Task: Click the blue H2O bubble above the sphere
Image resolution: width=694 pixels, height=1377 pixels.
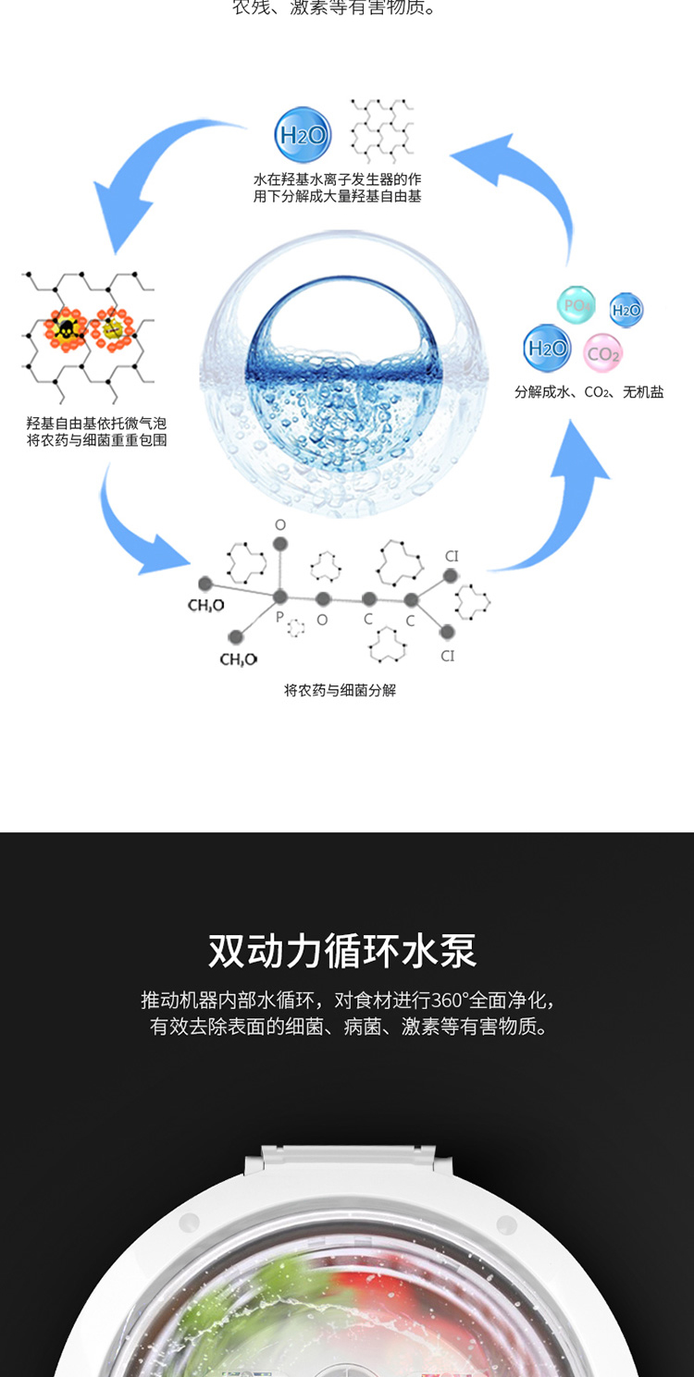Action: tap(303, 135)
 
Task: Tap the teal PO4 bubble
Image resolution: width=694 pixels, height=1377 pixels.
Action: tap(576, 305)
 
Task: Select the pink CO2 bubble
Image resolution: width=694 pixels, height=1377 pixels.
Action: tap(603, 353)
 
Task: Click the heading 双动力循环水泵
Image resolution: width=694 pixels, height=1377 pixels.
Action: tap(342, 951)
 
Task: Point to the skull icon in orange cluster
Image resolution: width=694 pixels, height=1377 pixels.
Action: tap(66, 329)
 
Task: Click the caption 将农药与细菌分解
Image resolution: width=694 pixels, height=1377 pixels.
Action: tap(340, 690)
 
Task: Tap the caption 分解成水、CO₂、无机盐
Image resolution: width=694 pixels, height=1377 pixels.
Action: tap(589, 392)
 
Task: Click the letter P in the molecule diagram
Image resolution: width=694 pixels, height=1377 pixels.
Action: tap(279, 616)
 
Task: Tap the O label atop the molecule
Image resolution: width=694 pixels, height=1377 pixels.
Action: tap(280, 525)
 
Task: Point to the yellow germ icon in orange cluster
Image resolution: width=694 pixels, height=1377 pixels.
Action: tap(112, 328)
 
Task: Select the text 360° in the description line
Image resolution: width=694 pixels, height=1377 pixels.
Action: tap(451, 1000)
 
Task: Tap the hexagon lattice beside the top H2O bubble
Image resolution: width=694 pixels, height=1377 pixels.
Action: tap(381, 129)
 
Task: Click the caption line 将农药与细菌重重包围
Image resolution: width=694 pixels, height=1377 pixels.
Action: tap(96, 440)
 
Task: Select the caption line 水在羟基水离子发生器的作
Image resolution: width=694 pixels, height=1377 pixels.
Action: tap(337, 179)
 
